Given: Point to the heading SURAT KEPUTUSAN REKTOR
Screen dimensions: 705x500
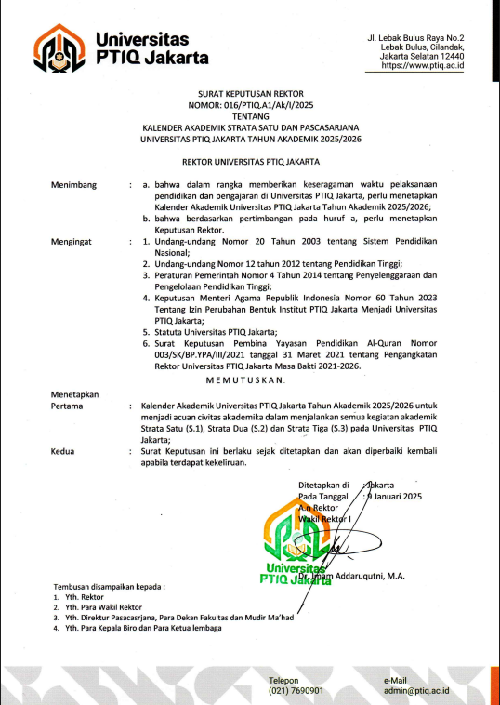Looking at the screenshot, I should click(x=249, y=94).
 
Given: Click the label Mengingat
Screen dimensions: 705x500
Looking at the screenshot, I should click(x=73, y=241).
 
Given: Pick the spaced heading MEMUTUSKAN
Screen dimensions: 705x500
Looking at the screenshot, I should click(x=249, y=381).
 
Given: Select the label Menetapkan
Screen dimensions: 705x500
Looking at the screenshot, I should click(x=76, y=395).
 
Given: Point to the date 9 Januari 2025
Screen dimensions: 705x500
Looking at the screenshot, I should click(x=395, y=497).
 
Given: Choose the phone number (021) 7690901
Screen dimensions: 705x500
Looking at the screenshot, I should click(x=296, y=691).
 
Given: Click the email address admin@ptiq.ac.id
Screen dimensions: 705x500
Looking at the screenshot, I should click(x=415, y=691).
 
